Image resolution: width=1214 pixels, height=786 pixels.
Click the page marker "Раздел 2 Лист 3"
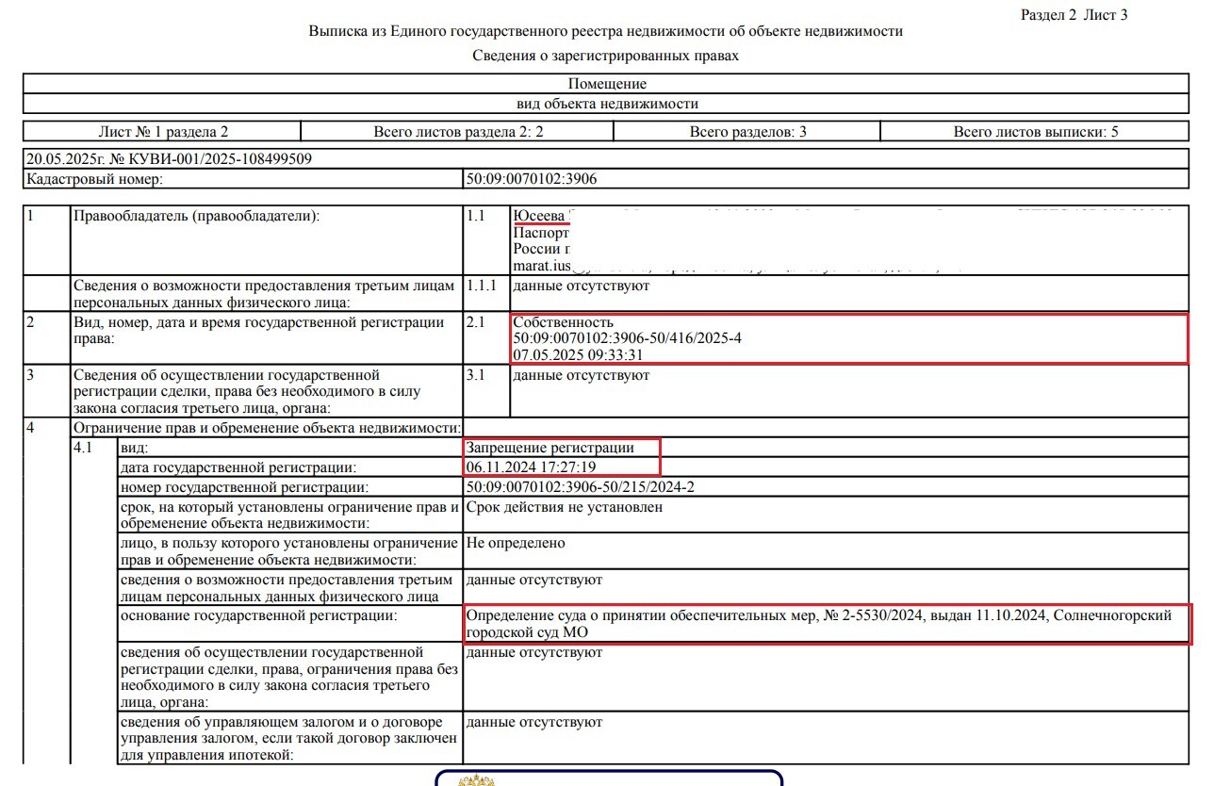(x=1075, y=14)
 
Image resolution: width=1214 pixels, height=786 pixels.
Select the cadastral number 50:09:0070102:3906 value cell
(x=532, y=178)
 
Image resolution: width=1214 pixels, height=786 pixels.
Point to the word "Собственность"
(x=563, y=322)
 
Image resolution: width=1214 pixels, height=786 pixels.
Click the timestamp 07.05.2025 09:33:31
(x=578, y=354)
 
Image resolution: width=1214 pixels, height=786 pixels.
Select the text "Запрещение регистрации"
(x=550, y=448)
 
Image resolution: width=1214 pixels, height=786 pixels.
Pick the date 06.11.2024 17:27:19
(x=531, y=467)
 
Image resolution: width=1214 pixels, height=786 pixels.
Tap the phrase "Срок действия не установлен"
(x=564, y=507)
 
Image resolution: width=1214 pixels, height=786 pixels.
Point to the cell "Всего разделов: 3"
(x=747, y=132)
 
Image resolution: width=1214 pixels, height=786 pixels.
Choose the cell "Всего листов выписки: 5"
(x=1035, y=132)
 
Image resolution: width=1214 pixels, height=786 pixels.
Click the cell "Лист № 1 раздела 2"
(x=163, y=132)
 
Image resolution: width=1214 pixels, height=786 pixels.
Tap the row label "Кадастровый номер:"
(x=94, y=178)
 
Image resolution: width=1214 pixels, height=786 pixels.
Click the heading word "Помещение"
(x=607, y=84)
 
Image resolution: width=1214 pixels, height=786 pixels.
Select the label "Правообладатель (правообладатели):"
(x=196, y=216)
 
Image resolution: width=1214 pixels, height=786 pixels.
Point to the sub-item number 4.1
(x=84, y=448)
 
